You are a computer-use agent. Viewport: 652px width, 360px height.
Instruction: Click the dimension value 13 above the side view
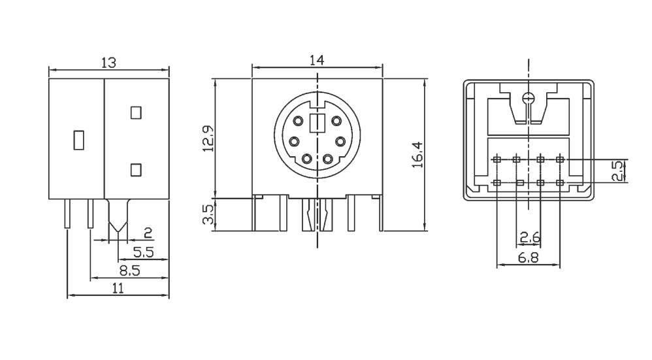pos(108,62)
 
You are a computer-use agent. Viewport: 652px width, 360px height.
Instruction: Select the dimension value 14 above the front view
pos(317,60)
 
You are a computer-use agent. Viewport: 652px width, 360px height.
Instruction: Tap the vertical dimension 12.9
pos(208,138)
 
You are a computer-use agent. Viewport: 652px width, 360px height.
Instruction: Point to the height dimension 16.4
pos(418,154)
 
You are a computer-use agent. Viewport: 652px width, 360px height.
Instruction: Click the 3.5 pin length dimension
pos(208,214)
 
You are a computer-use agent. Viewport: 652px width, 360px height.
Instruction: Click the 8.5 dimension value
pos(129,270)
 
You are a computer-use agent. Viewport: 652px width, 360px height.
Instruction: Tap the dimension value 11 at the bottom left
pos(118,289)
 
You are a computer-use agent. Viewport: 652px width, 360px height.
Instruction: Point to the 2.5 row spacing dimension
pos(616,171)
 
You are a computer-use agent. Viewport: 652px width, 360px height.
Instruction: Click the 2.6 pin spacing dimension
pos(529,236)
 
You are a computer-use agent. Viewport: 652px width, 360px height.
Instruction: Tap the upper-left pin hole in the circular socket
pos(298,121)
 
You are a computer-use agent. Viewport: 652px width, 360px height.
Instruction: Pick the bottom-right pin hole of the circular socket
pos(328,158)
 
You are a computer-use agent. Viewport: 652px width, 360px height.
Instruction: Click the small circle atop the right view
pos(529,99)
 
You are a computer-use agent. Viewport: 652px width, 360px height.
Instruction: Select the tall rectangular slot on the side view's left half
pos(78,140)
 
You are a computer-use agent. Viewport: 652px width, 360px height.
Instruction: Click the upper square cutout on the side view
pos(136,112)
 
